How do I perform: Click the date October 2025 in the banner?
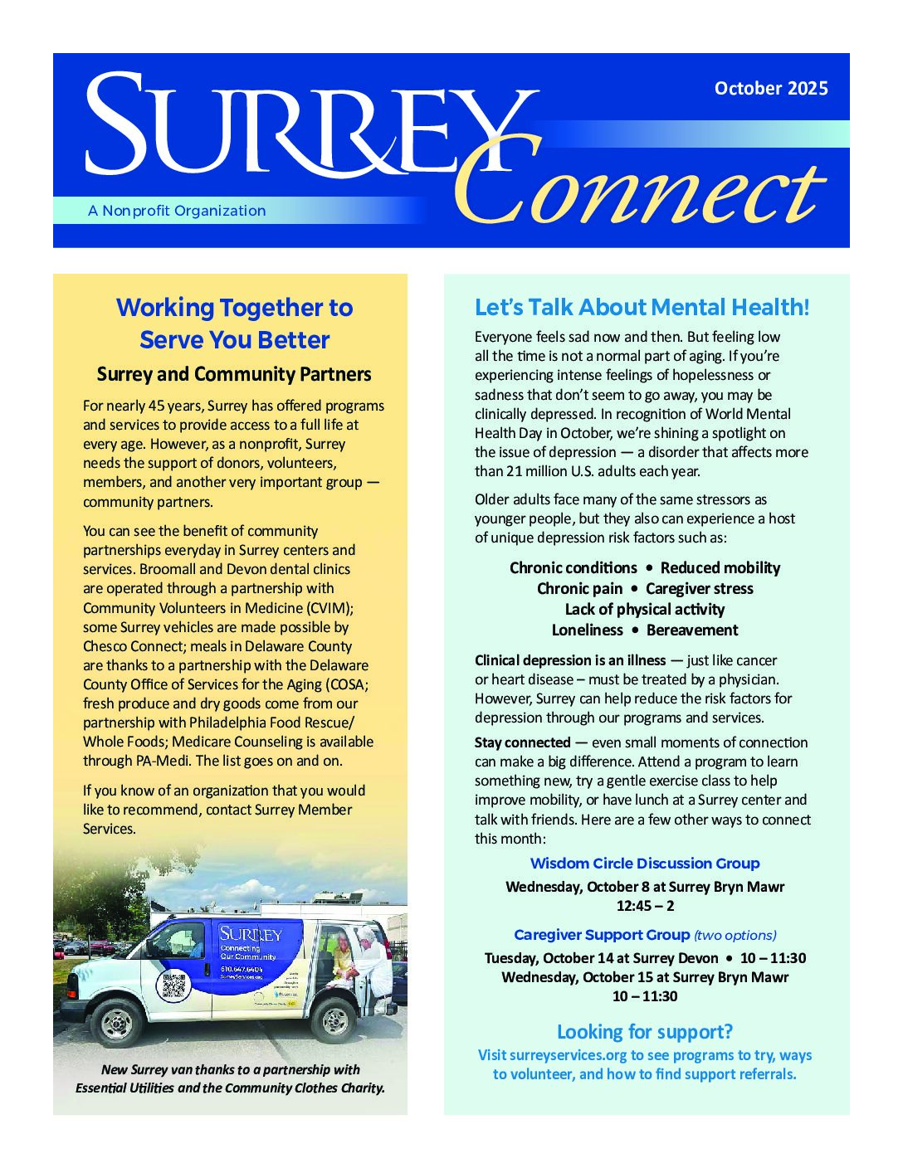coord(771,88)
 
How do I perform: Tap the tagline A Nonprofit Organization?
coord(177,211)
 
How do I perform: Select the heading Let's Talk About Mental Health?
coord(642,307)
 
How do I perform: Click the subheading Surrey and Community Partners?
coord(234,374)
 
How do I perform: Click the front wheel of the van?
coord(117,1024)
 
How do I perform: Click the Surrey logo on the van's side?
coord(251,935)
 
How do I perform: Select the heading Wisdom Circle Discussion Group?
coord(645,864)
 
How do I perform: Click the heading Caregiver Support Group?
coord(602,935)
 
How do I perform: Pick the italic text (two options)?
coord(735,936)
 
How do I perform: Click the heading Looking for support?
coord(645,1032)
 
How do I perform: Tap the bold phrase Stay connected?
coord(522,742)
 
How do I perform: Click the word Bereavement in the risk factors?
coord(692,630)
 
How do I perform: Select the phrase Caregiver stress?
coord(700,588)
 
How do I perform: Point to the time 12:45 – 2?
coord(645,906)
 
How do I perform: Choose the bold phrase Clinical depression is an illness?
coord(570,660)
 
